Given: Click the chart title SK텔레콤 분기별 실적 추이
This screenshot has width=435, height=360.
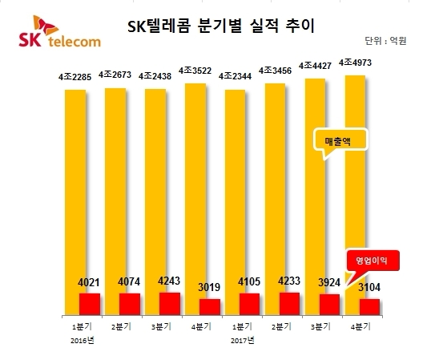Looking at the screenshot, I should [222, 25].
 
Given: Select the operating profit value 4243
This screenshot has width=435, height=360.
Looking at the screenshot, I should [170, 281].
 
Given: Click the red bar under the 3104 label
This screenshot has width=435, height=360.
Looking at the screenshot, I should [370, 307].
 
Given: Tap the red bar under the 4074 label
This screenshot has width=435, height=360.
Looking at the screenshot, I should [129, 305].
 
